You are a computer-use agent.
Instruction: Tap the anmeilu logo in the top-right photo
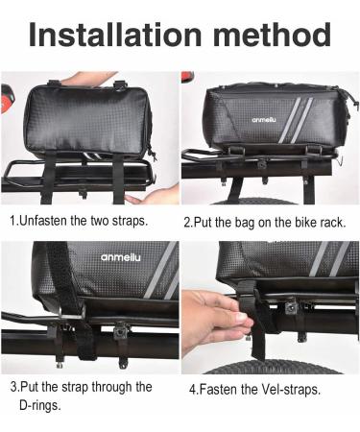240,120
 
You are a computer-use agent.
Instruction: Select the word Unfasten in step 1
48,220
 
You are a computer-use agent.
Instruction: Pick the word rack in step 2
329,221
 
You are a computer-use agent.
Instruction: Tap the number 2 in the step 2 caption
187,221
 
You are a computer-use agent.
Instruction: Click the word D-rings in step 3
32,405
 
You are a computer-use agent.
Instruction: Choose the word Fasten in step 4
219,390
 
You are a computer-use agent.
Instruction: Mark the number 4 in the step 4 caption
192,390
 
